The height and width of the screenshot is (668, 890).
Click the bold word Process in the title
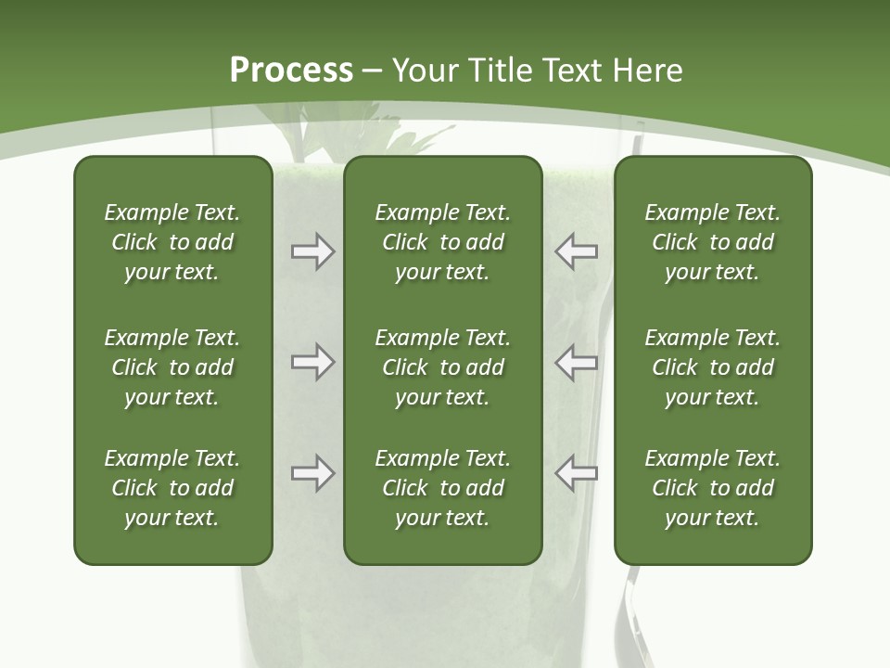pyautogui.click(x=291, y=71)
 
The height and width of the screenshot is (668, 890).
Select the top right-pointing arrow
pyautogui.click(x=312, y=251)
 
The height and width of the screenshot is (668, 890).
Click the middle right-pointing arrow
pyautogui.click(x=312, y=362)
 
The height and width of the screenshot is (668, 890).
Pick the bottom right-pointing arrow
pyautogui.click(x=312, y=473)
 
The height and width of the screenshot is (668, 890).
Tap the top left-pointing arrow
pyautogui.click(x=577, y=251)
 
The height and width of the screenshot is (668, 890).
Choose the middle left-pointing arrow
pyautogui.click(x=577, y=362)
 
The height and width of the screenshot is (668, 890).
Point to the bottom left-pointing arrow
pyautogui.click(x=577, y=473)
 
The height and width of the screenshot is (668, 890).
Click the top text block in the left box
pyautogui.click(x=172, y=242)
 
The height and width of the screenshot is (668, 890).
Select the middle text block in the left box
pyautogui.click(x=172, y=367)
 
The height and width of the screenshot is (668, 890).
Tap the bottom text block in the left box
pyautogui.click(x=172, y=488)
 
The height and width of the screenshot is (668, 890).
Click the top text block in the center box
pyautogui.click(x=442, y=242)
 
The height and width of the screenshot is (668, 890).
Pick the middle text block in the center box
pyautogui.click(x=442, y=367)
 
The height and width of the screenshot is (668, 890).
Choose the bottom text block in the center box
pyautogui.click(x=442, y=488)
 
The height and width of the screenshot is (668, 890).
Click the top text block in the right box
pyautogui.click(x=712, y=242)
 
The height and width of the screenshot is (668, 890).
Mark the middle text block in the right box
pyautogui.click(x=712, y=367)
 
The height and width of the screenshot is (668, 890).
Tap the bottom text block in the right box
pyautogui.click(x=712, y=488)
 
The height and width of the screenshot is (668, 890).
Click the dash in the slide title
pyautogui.click(x=372, y=71)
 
